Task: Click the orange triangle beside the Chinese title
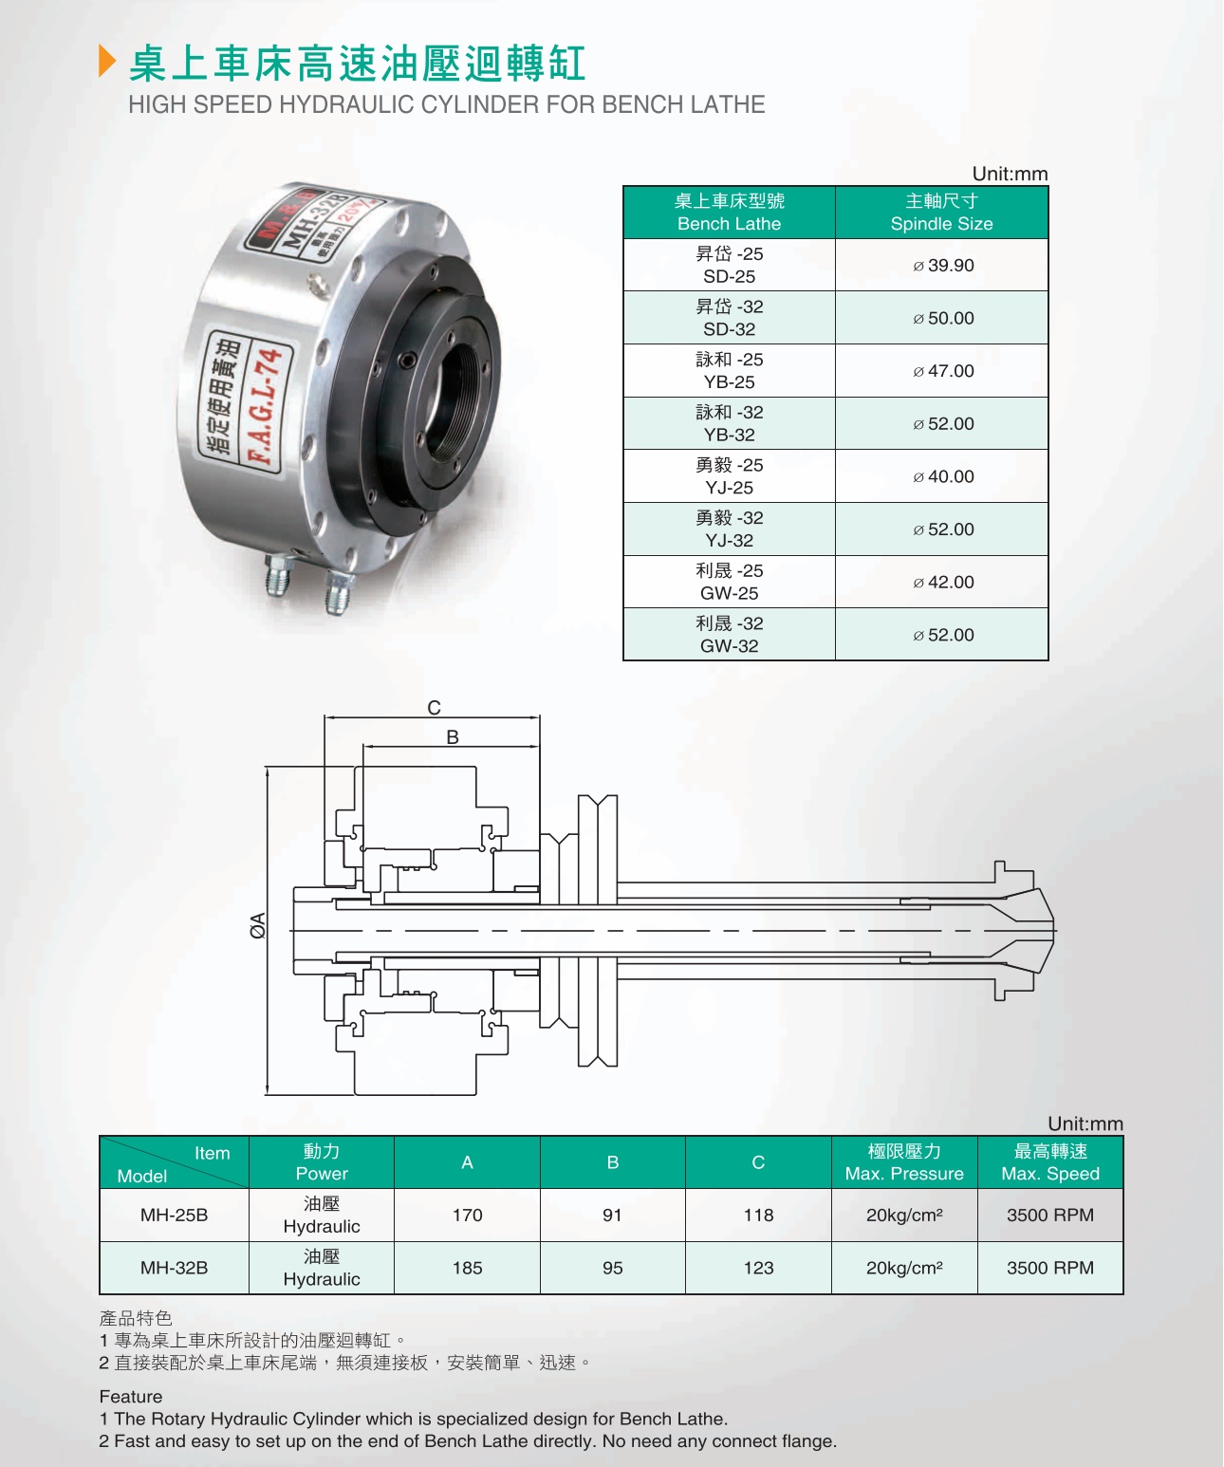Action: [106, 61]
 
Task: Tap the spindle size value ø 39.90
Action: [943, 266]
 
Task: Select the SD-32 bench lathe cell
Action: [730, 318]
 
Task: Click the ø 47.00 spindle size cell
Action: [943, 371]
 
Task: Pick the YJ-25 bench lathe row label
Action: [730, 476]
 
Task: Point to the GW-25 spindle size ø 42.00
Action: [943, 583]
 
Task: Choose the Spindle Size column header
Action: [941, 213]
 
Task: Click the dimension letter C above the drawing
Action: [435, 708]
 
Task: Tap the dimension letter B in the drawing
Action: [453, 737]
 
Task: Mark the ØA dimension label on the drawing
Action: [258, 925]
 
